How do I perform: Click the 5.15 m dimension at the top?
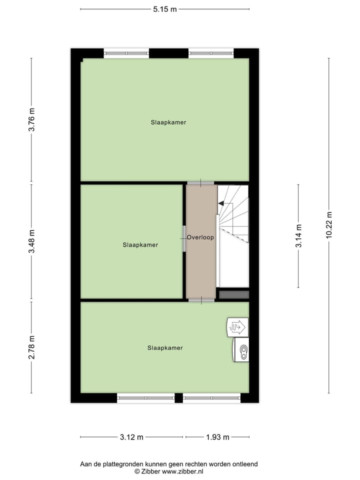[x=165, y=9]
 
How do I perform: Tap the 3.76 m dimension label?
[x=31, y=120]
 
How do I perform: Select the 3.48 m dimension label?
[x=31, y=242]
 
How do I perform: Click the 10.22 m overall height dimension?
[x=328, y=225]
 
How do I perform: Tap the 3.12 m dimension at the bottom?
[x=131, y=437]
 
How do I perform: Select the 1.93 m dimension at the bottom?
[x=217, y=437]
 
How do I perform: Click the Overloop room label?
[x=200, y=237]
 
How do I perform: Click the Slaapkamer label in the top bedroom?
[x=168, y=122]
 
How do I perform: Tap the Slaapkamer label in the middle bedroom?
[x=140, y=245]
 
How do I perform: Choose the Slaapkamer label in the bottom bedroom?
[x=165, y=348]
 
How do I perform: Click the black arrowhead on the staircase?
[x=221, y=203]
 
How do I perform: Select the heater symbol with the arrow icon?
[x=237, y=326]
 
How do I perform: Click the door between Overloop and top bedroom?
[x=201, y=183]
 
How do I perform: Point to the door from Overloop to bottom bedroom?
[x=201, y=300]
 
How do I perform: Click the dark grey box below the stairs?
[x=233, y=294]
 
